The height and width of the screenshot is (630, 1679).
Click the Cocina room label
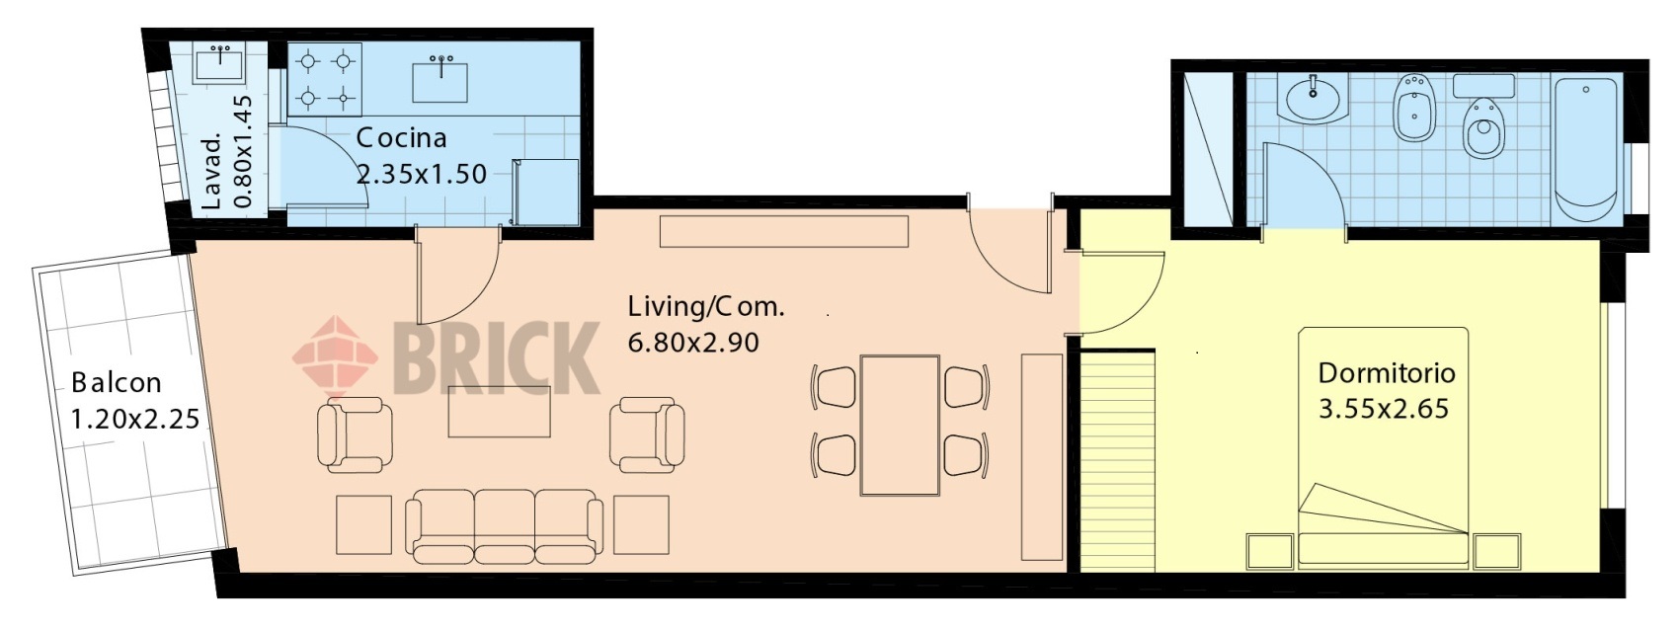pyautogui.click(x=401, y=138)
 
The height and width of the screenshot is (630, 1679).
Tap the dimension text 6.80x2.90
pyautogui.click(x=693, y=343)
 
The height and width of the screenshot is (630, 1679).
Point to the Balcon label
pyautogui.click(x=117, y=383)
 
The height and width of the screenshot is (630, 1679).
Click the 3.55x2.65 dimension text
pyautogui.click(x=1383, y=409)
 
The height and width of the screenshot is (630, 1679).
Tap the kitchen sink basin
pyautogui.click(x=440, y=82)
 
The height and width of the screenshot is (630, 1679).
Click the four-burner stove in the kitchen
pyautogui.click(x=325, y=79)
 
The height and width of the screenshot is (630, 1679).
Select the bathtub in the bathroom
pyautogui.click(x=1584, y=149)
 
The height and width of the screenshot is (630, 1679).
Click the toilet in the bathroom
pyautogui.click(x=1483, y=127)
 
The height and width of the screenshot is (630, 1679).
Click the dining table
pyautogui.click(x=900, y=426)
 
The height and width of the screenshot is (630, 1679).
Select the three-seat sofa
pyautogui.click(x=504, y=526)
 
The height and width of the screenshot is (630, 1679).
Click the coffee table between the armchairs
pyautogui.click(x=499, y=411)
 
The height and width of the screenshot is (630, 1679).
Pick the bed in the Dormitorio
pyautogui.click(x=1382, y=446)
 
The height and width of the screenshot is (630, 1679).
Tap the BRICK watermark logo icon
pyautogui.click(x=335, y=355)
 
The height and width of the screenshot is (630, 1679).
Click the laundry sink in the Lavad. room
pyautogui.click(x=219, y=63)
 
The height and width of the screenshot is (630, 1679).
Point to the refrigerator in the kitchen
pyautogui.click(x=545, y=192)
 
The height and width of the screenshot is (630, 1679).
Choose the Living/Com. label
pyautogui.click(x=706, y=306)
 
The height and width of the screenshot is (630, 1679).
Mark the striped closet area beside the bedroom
pyautogui.click(x=1118, y=461)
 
